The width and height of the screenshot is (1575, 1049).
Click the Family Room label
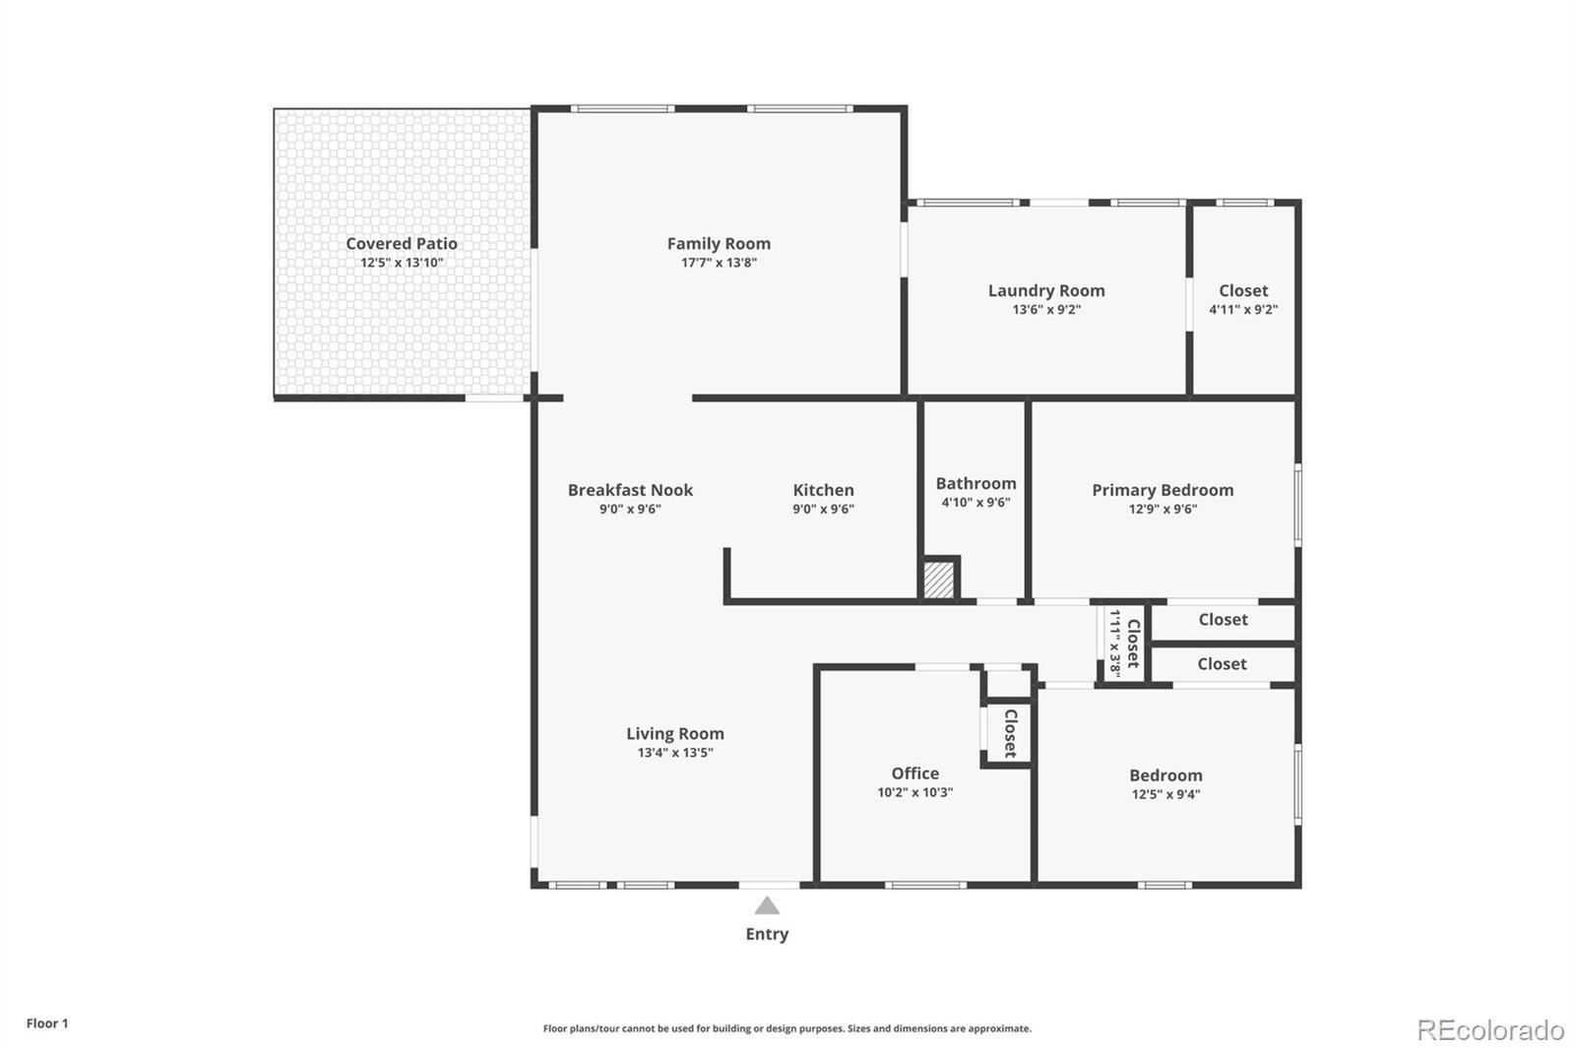[x=719, y=243]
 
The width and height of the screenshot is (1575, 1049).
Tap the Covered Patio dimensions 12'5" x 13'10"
[x=402, y=263]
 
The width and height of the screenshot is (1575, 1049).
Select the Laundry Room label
[x=1046, y=290]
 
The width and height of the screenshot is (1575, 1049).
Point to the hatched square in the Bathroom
[x=939, y=579]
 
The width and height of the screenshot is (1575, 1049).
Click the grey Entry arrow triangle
[x=767, y=905]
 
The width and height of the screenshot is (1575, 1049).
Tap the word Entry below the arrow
[x=767, y=934]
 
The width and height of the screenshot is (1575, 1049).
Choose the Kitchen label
[x=823, y=490]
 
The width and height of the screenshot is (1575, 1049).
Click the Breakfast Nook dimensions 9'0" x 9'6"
[x=630, y=509]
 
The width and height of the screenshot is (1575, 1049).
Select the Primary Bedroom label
[x=1163, y=490]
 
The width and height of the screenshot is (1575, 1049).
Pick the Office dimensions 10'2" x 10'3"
[x=915, y=792]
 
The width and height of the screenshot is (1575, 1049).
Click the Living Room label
[x=675, y=733]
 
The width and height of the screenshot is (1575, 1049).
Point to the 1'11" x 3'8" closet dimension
[x=1115, y=643]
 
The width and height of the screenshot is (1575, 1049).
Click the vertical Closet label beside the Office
[x=1010, y=733]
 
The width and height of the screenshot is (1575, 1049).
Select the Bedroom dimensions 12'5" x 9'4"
[x=1165, y=794]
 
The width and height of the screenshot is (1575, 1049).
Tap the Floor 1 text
[x=47, y=1023]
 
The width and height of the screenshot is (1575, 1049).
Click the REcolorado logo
[x=1490, y=1030]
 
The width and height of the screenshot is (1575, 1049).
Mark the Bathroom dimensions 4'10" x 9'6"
[x=976, y=502]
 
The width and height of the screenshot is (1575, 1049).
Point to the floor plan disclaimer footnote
[x=787, y=1028]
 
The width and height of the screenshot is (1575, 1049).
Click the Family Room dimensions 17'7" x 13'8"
[x=719, y=263]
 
